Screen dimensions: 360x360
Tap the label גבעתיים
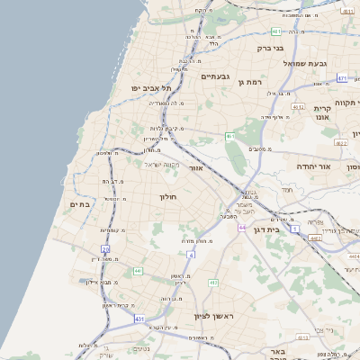217,76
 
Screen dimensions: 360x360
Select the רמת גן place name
250,81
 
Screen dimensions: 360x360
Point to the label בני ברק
270,48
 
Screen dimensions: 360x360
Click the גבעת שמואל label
310,63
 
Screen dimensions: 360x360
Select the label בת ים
80,205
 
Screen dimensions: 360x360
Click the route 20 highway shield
105,248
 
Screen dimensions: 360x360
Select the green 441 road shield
138,271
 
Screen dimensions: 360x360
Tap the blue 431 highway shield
139,319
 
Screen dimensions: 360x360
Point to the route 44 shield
242,228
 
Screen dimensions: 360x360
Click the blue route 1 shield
295,229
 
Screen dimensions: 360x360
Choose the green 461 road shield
230,136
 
